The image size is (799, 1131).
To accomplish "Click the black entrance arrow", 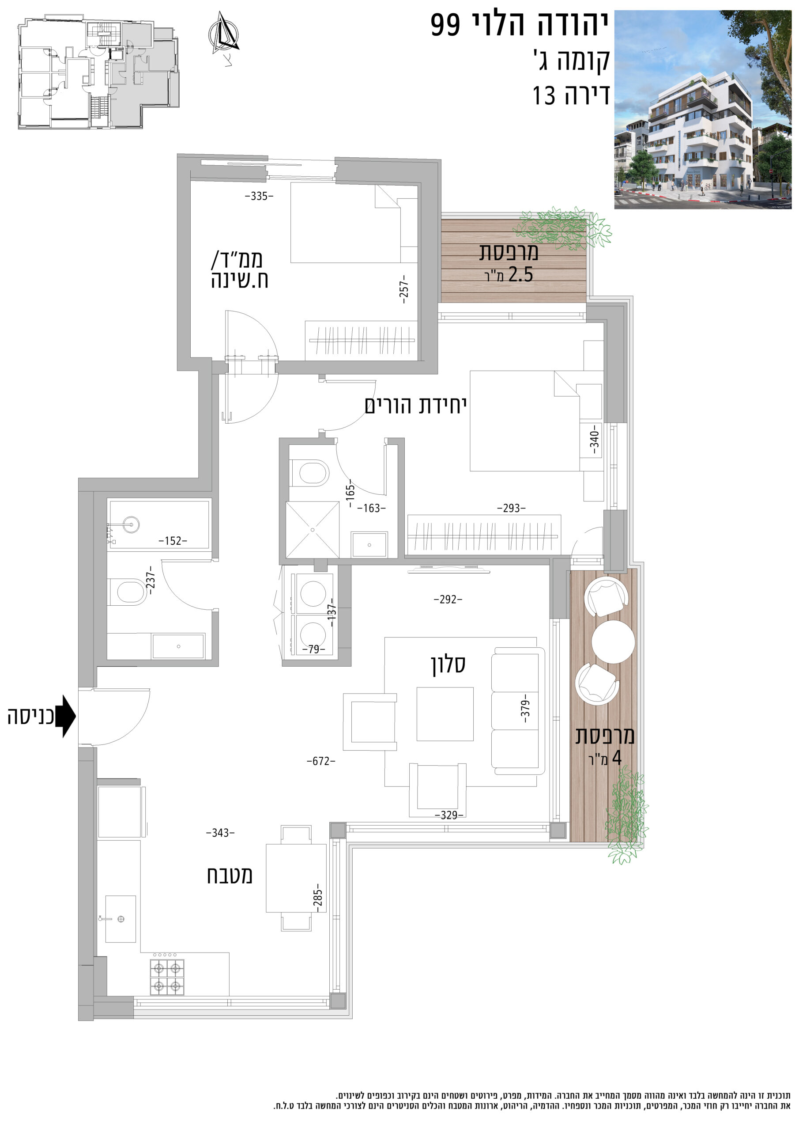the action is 65,716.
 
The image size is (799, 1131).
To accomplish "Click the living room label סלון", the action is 448,664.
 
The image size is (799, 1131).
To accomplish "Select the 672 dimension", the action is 321,761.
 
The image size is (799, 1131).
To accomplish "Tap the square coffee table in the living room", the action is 445,714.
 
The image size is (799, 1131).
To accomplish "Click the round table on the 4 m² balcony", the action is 613,642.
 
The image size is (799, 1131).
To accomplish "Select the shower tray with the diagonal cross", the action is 313,530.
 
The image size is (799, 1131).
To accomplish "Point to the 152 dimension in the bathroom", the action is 173,541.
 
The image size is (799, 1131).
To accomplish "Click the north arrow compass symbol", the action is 224,34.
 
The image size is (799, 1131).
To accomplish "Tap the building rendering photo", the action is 702,110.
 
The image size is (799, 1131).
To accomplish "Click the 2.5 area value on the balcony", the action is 521,274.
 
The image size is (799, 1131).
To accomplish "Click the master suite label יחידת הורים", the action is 415,406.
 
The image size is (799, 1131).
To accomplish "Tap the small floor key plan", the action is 99,72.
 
